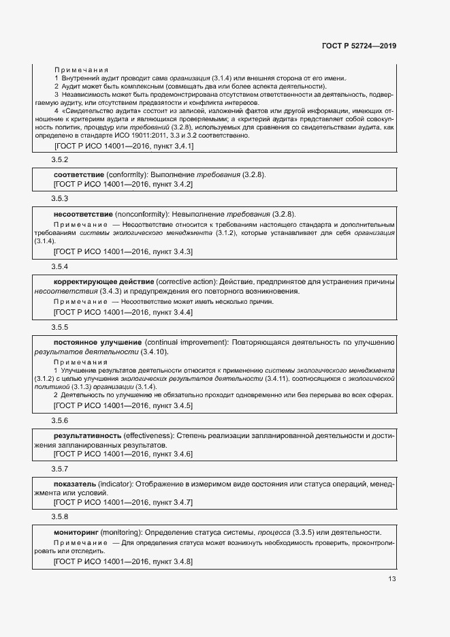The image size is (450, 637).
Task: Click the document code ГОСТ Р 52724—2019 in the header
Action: point(358,46)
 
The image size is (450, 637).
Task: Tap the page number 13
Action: point(391,579)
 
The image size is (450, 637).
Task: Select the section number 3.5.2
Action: point(60,159)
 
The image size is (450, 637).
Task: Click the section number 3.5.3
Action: point(60,198)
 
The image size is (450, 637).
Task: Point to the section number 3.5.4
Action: point(60,266)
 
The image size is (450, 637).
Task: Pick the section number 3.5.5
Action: point(60,326)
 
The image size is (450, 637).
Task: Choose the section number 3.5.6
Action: point(60,420)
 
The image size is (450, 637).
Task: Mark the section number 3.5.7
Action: point(60,469)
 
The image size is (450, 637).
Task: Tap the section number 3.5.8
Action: point(60,517)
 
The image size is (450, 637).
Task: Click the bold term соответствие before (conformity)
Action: point(78,174)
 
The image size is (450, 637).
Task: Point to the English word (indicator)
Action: point(112,484)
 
